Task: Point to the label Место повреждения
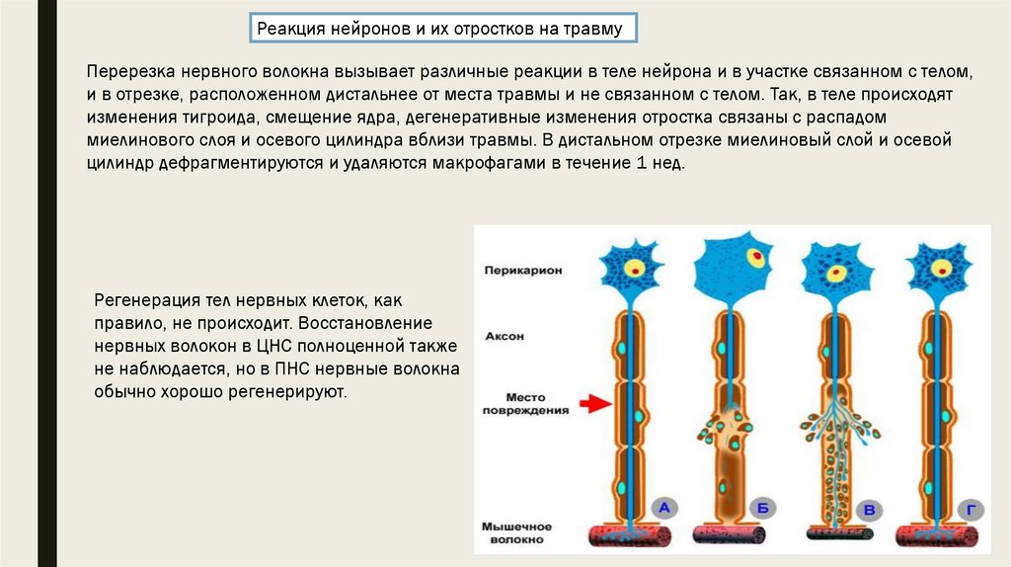tap(526, 403)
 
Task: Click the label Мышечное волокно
tap(518, 533)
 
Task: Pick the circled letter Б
tap(762, 510)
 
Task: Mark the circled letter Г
tap(972, 510)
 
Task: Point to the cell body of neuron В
tap(836, 266)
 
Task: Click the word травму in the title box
tap(593, 29)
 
